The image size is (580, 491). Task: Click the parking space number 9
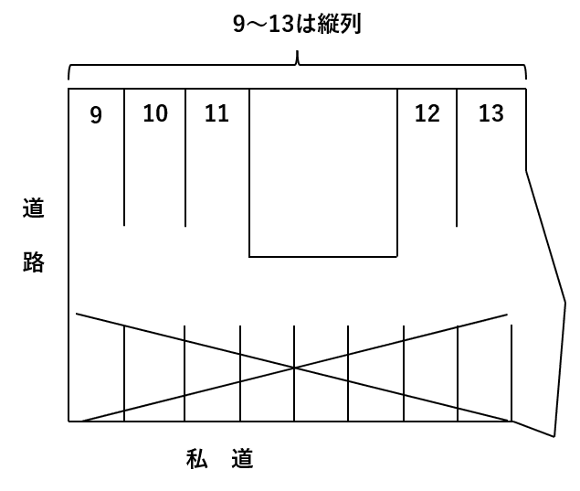[x=96, y=115]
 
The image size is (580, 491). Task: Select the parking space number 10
[x=155, y=113]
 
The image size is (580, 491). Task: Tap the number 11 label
[x=216, y=113]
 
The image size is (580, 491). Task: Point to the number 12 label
[x=427, y=113]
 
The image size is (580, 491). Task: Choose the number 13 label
[x=490, y=113]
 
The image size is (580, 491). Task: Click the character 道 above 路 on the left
[x=33, y=208]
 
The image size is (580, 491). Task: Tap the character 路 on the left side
[x=33, y=263]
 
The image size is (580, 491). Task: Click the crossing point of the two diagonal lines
[x=294, y=368]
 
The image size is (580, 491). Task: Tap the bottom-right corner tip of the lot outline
[x=554, y=436]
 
